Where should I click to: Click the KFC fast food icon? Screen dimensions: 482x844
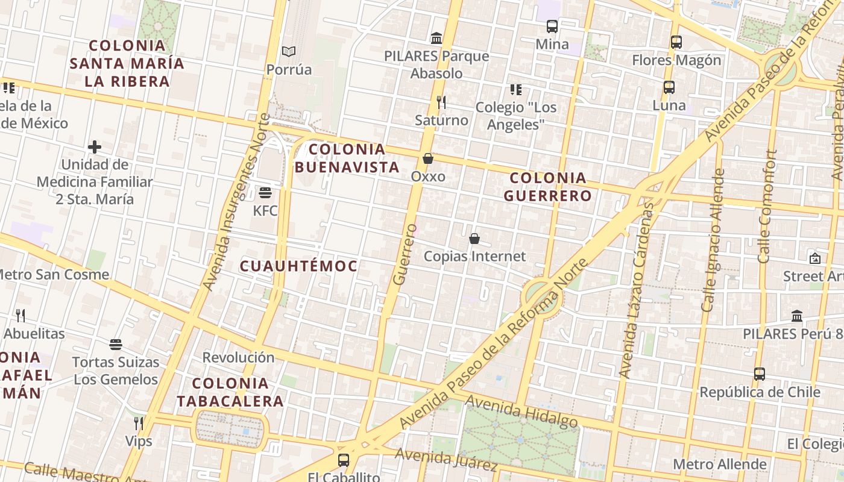pyautogui.click(x=265, y=193)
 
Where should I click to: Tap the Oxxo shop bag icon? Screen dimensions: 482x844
pyautogui.click(x=428, y=158)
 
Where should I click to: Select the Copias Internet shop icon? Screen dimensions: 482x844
pyautogui.click(x=474, y=239)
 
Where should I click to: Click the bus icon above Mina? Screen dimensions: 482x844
pyautogui.click(x=552, y=27)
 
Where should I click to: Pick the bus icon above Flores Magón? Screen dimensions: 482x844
pyautogui.click(x=676, y=42)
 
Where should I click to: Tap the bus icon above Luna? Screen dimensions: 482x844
pyautogui.click(x=669, y=87)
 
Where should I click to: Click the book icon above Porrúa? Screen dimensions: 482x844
pyautogui.click(x=289, y=52)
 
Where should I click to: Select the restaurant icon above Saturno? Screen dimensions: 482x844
pyautogui.click(x=441, y=102)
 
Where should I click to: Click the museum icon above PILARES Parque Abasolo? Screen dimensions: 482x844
pyautogui.click(x=436, y=39)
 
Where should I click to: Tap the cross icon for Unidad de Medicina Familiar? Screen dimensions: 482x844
pyautogui.click(x=95, y=146)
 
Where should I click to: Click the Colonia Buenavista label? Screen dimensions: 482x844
pyautogui.click(x=347, y=158)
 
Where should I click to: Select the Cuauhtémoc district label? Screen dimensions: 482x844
pyautogui.click(x=298, y=266)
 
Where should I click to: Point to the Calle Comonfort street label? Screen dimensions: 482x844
pyautogui.click(x=764, y=206)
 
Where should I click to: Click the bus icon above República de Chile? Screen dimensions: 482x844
pyautogui.click(x=760, y=374)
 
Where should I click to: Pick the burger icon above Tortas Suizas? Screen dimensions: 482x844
pyautogui.click(x=116, y=345)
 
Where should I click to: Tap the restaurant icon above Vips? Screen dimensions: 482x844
pyautogui.click(x=139, y=423)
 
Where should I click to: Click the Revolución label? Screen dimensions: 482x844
pyautogui.click(x=238, y=357)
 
